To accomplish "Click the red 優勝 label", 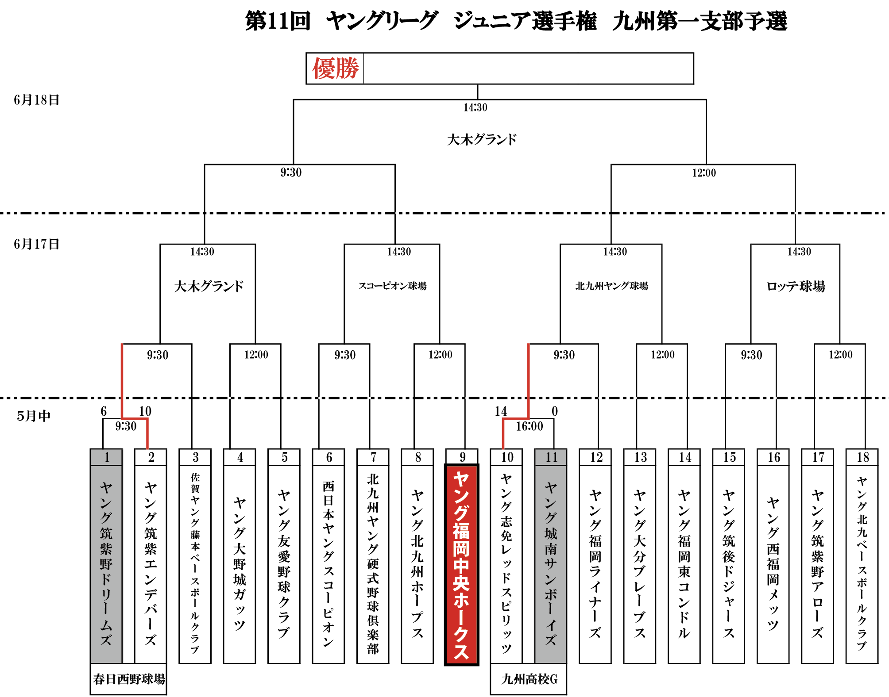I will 335,69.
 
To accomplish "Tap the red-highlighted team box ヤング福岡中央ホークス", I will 461,564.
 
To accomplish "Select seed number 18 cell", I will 862,457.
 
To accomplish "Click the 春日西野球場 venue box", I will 128,679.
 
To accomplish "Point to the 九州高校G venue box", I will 529,679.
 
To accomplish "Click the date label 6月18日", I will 36,100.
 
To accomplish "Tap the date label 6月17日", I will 36,244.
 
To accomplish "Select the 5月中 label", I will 34,416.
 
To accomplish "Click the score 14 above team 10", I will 501,411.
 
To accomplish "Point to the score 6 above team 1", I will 104,411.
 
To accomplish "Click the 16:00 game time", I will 529,426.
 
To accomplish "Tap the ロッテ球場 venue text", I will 796,287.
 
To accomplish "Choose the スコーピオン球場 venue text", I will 392,286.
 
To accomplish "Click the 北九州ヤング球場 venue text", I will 611,286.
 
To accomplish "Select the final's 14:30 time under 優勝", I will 475,107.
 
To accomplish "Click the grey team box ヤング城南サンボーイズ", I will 551,564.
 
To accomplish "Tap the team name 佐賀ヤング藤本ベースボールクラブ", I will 195,564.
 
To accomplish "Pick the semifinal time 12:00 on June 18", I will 703,173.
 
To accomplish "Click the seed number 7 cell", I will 373,457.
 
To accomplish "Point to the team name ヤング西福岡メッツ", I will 773,564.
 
